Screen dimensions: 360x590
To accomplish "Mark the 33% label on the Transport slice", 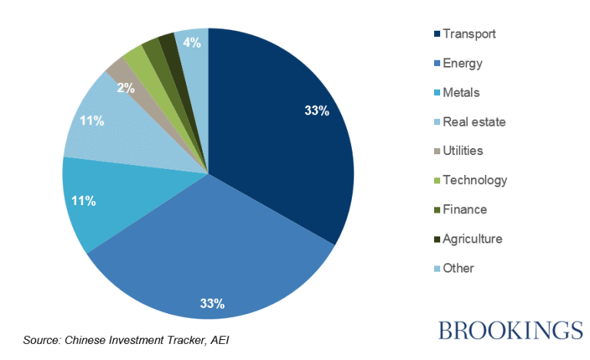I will click(x=317, y=111).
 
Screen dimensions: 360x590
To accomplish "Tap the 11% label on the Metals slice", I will click(x=83, y=201).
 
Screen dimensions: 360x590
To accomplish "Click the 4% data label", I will click(x=192, y=43).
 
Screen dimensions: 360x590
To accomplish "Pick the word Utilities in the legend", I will click(x=463, y=151).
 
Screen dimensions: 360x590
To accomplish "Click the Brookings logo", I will click(x=510, y=330).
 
